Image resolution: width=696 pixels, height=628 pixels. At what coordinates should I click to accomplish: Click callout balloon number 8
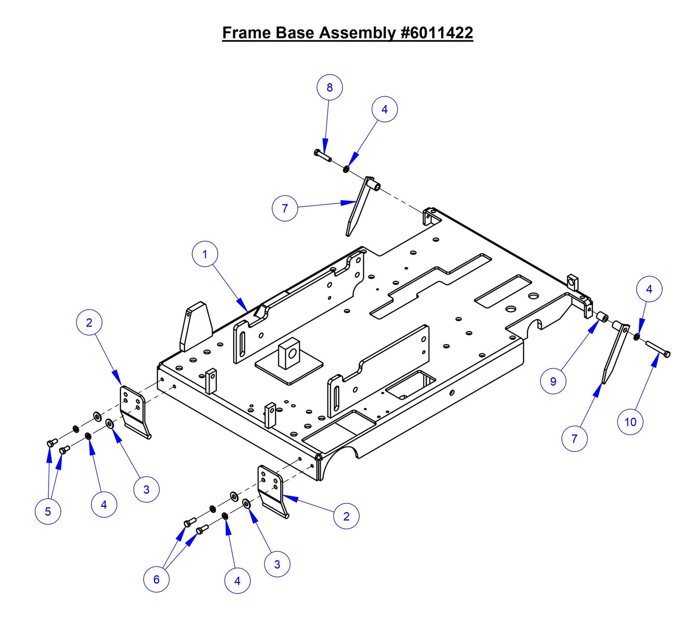tap(329, 88)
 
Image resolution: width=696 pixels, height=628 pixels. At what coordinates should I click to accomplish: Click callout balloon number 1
tap(205, 254)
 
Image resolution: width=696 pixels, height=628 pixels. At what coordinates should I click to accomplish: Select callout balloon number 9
tap(553, 381)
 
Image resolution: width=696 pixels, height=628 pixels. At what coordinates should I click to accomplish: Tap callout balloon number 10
tap(630, 422)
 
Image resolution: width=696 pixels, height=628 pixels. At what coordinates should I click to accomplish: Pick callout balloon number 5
tap(48, 511)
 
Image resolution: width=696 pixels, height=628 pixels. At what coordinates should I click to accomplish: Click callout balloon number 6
tap(156, 579)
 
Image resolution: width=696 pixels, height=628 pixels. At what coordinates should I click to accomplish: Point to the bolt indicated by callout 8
tap(322, 155)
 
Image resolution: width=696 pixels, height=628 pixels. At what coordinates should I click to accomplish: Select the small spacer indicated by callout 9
tap(602, 317)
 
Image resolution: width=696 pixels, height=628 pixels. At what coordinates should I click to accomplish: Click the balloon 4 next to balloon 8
tap(384, 110)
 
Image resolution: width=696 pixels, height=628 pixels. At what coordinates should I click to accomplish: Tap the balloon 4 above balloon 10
tap(649, 289)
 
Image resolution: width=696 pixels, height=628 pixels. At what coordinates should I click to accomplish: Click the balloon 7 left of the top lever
tap(285, 208)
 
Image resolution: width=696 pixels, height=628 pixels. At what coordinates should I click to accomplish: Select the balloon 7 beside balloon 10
tap(574, 438)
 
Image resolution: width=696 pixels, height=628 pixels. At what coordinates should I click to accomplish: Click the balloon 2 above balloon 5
tap(89, 323)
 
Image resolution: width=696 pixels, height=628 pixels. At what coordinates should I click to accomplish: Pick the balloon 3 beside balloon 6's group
tap(277, 564)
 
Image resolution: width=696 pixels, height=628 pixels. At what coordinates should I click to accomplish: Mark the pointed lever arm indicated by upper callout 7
tap(359, 207)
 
